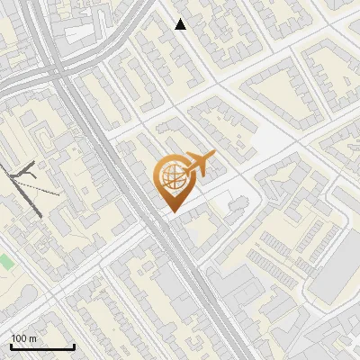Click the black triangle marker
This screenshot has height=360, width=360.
pos(181,24)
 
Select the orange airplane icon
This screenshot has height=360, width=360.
pos(200,165)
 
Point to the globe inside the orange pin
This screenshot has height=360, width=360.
pos(171,177)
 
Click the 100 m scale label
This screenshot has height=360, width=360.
pos(24,338)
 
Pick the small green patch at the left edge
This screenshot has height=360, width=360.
pos(5,262)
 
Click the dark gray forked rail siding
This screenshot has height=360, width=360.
pos(25,175)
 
